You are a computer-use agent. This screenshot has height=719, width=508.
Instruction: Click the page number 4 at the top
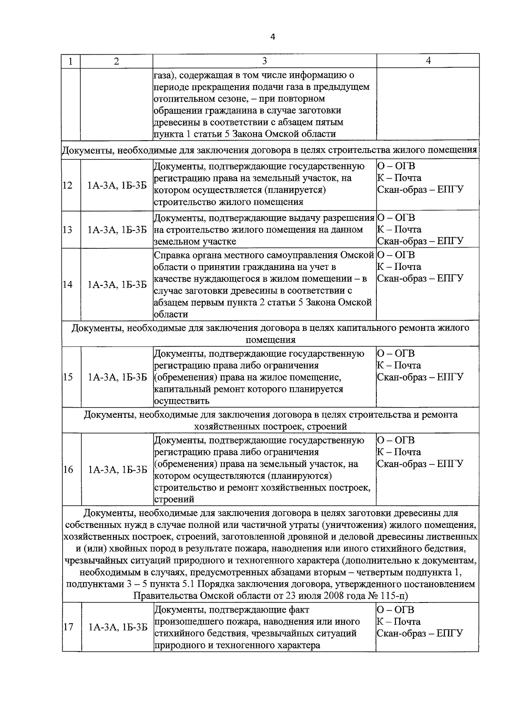(273, 37)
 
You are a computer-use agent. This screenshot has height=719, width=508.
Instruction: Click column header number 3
(264, 61)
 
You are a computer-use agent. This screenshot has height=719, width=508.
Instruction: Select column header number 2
(116, 61)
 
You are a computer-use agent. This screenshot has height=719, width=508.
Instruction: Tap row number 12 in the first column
(68, 185)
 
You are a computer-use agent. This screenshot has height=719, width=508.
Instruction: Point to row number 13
(68, 230)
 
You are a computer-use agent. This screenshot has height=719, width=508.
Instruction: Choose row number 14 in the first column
(68, 284)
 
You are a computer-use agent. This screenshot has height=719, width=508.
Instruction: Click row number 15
(68, 377)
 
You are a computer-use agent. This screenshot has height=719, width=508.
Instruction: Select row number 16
(68, 469)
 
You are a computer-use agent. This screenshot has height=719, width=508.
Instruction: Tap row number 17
(68, 627)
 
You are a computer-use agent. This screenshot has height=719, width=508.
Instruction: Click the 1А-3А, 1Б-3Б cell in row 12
(117, 185)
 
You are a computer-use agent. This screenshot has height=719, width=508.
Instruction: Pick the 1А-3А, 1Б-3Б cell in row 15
(117, 377)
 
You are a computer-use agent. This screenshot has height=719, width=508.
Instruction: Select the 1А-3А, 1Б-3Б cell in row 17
(118, 627)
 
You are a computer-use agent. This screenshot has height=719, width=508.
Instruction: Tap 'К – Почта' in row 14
(399, 267)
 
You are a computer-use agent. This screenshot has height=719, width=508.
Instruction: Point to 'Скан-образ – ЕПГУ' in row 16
(420, 464)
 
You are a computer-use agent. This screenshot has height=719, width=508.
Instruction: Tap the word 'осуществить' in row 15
(182, 401)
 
